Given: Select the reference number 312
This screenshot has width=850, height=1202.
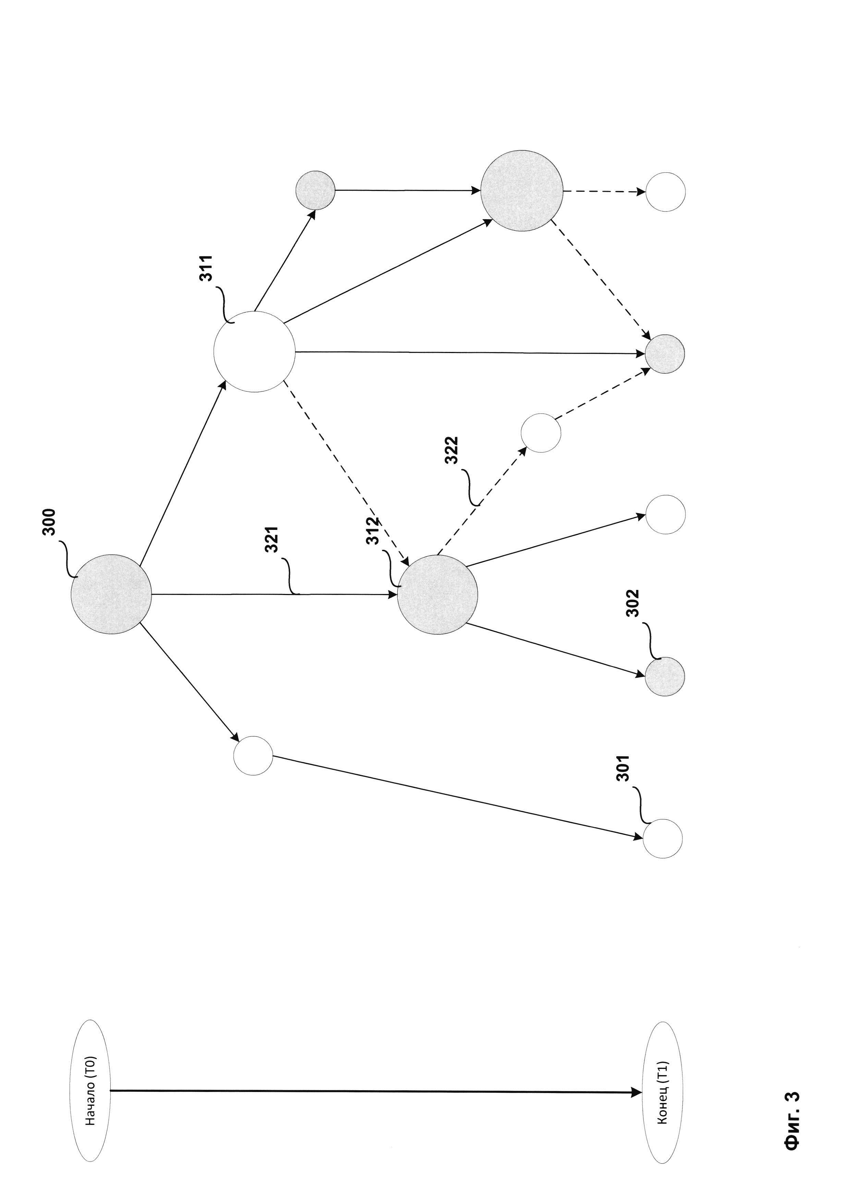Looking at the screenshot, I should [x=373, y=531].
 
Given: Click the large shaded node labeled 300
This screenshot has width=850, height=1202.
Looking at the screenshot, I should [x=111, y=594].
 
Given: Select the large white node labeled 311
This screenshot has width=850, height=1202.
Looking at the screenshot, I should [x=254, y=352].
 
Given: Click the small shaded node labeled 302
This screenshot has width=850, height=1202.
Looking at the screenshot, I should [x=664, y=676].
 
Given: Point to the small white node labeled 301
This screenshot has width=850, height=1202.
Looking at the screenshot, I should [x=662, y=838].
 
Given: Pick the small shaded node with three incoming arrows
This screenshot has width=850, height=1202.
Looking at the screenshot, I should [x=664, y=354].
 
